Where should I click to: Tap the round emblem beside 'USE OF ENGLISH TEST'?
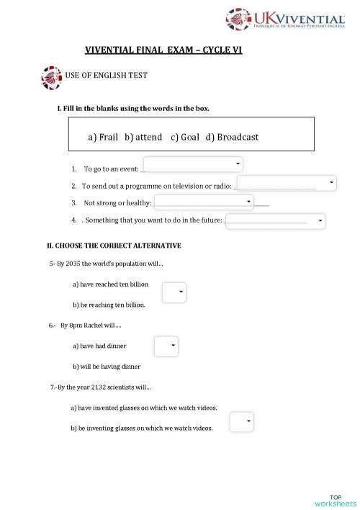pos(51,77)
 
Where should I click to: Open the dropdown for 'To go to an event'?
pos(193,165)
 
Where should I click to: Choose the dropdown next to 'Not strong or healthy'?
pos(204,202)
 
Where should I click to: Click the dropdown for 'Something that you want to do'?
pos(275,221)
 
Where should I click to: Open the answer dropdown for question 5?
pos(174,292)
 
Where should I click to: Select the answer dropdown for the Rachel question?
pos(166,346)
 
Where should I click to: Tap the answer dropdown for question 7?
pos(241,421)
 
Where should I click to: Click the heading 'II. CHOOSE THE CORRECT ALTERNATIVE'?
pos(114,246)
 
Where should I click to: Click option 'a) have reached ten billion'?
pos(110,285)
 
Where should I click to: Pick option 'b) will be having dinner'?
pos(107,367)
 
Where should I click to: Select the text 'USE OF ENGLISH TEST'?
pos(107,76)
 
